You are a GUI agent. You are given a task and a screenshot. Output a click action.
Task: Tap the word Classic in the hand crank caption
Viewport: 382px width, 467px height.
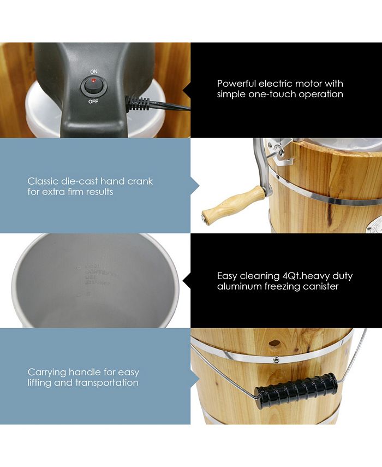pyautogui.click(x=44, y=181)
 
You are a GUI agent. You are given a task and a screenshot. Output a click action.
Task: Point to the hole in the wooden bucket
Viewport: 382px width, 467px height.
pyautogui.click(x=274, y=344)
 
